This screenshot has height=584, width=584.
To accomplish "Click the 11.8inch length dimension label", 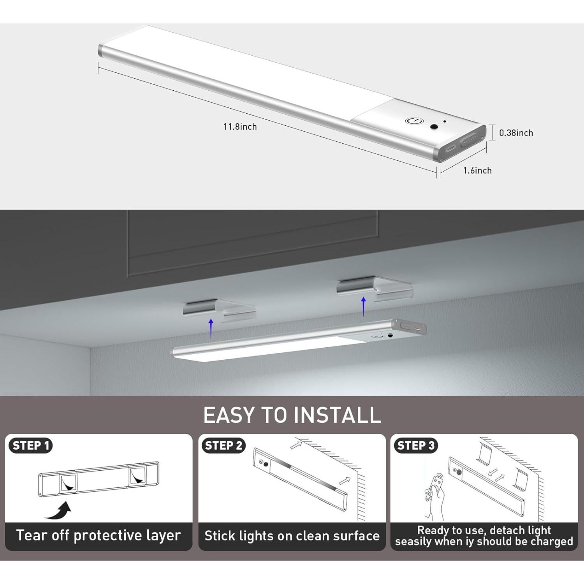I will pyautogui.click(x=240, y=127).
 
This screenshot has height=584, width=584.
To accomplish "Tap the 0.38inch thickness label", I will pyautogui.click(x=516, y=133).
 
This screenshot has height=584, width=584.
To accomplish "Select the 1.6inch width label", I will pyautogui.click(x=477, y=171).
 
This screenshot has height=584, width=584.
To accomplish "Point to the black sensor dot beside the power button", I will pyautogui.click(x=433, y=127).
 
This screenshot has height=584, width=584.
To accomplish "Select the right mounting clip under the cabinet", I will pyautogui.click(x=374, y=288).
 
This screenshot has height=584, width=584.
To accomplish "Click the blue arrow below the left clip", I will pyautogui.click(x=211, y=328).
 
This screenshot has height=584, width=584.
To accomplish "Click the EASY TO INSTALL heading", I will pyautogui.click(x=292, y=415).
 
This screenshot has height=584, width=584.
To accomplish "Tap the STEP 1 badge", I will pyautogui.click(x=31, y=445).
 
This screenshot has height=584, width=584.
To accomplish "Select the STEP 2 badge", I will pyautogui.click(x=223, y=445).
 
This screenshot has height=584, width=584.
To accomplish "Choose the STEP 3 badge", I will pyautogui.click(x=416, y=445).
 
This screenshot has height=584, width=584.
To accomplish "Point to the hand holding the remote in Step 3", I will pyautogui.click(x=435, y=494).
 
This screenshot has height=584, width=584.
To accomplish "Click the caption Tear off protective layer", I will pyautogui.click(x=99, y=535).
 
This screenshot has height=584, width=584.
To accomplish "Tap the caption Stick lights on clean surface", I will pyautogui.click(x=292, y=536).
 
